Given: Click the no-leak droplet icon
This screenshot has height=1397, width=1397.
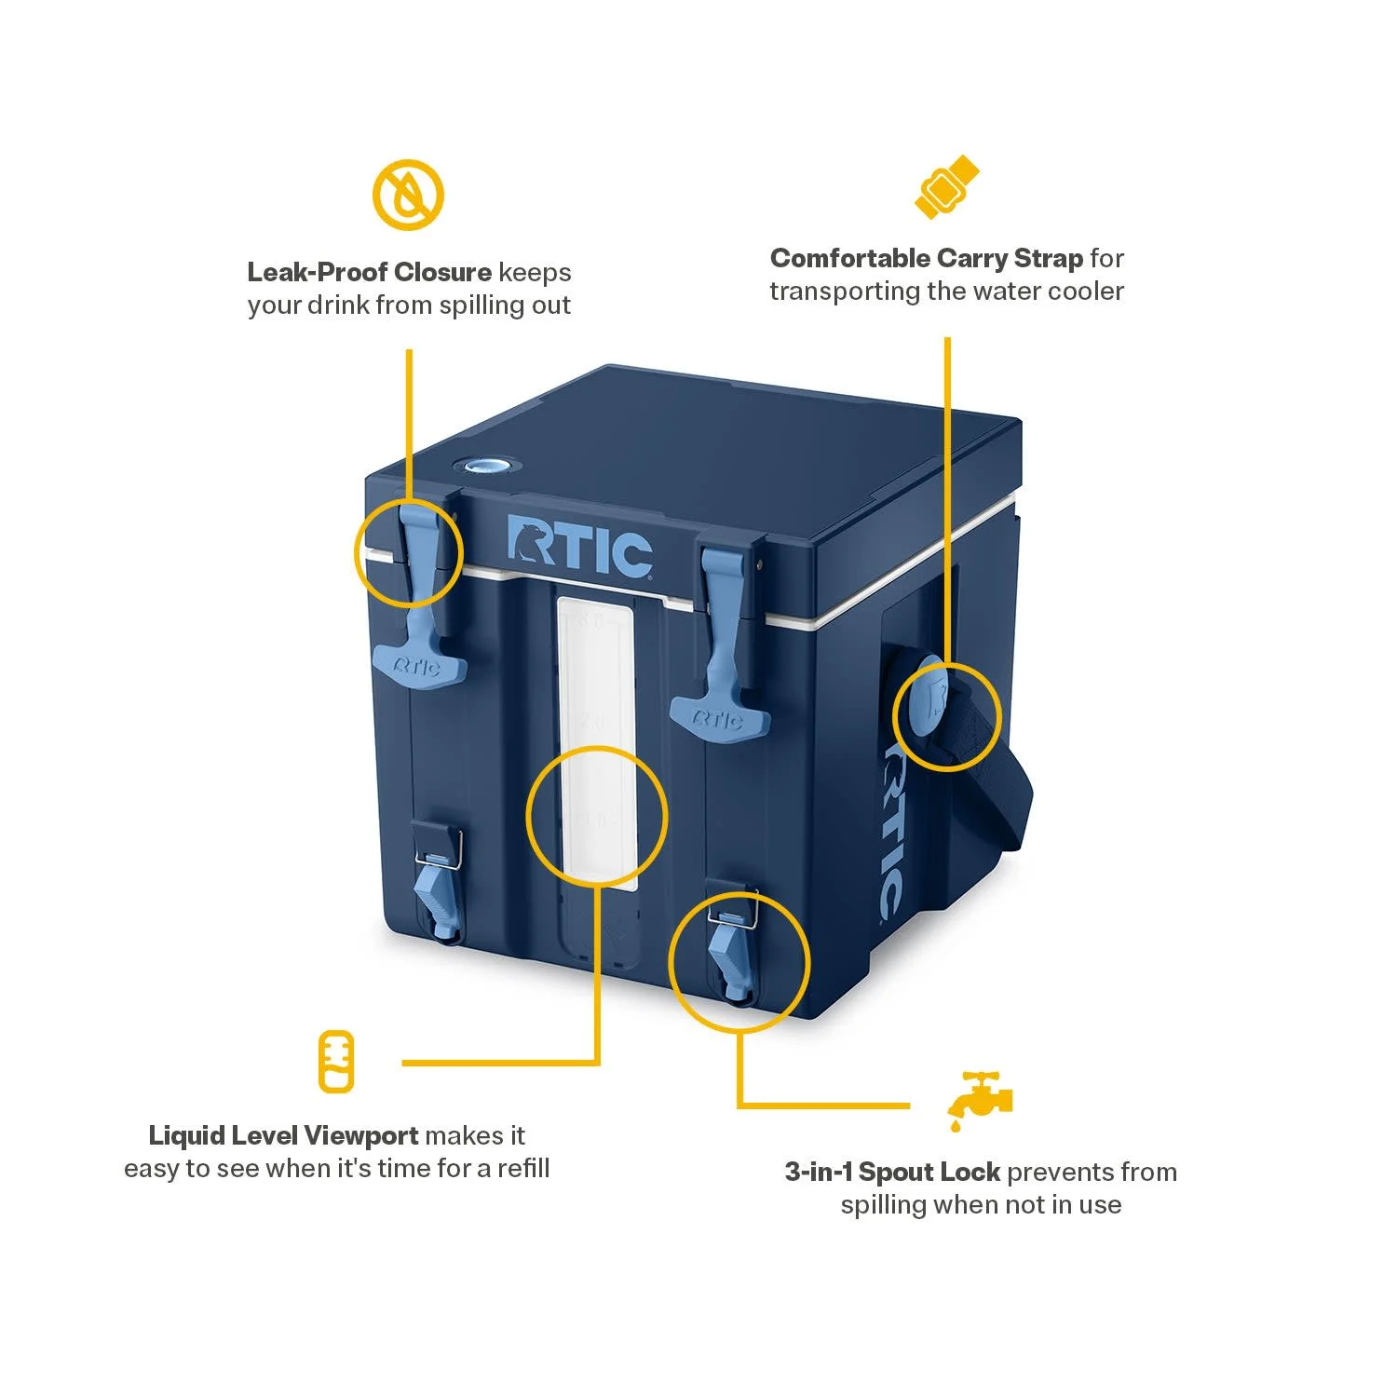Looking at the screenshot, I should click(408, 196).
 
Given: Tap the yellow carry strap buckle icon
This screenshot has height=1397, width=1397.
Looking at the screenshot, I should click(947, 187).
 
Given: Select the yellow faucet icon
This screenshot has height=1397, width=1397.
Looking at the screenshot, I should click(979, 1100).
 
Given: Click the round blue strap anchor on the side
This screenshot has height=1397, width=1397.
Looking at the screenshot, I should click(928, 697).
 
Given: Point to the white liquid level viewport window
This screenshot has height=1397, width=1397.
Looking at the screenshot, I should click(596, 736).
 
